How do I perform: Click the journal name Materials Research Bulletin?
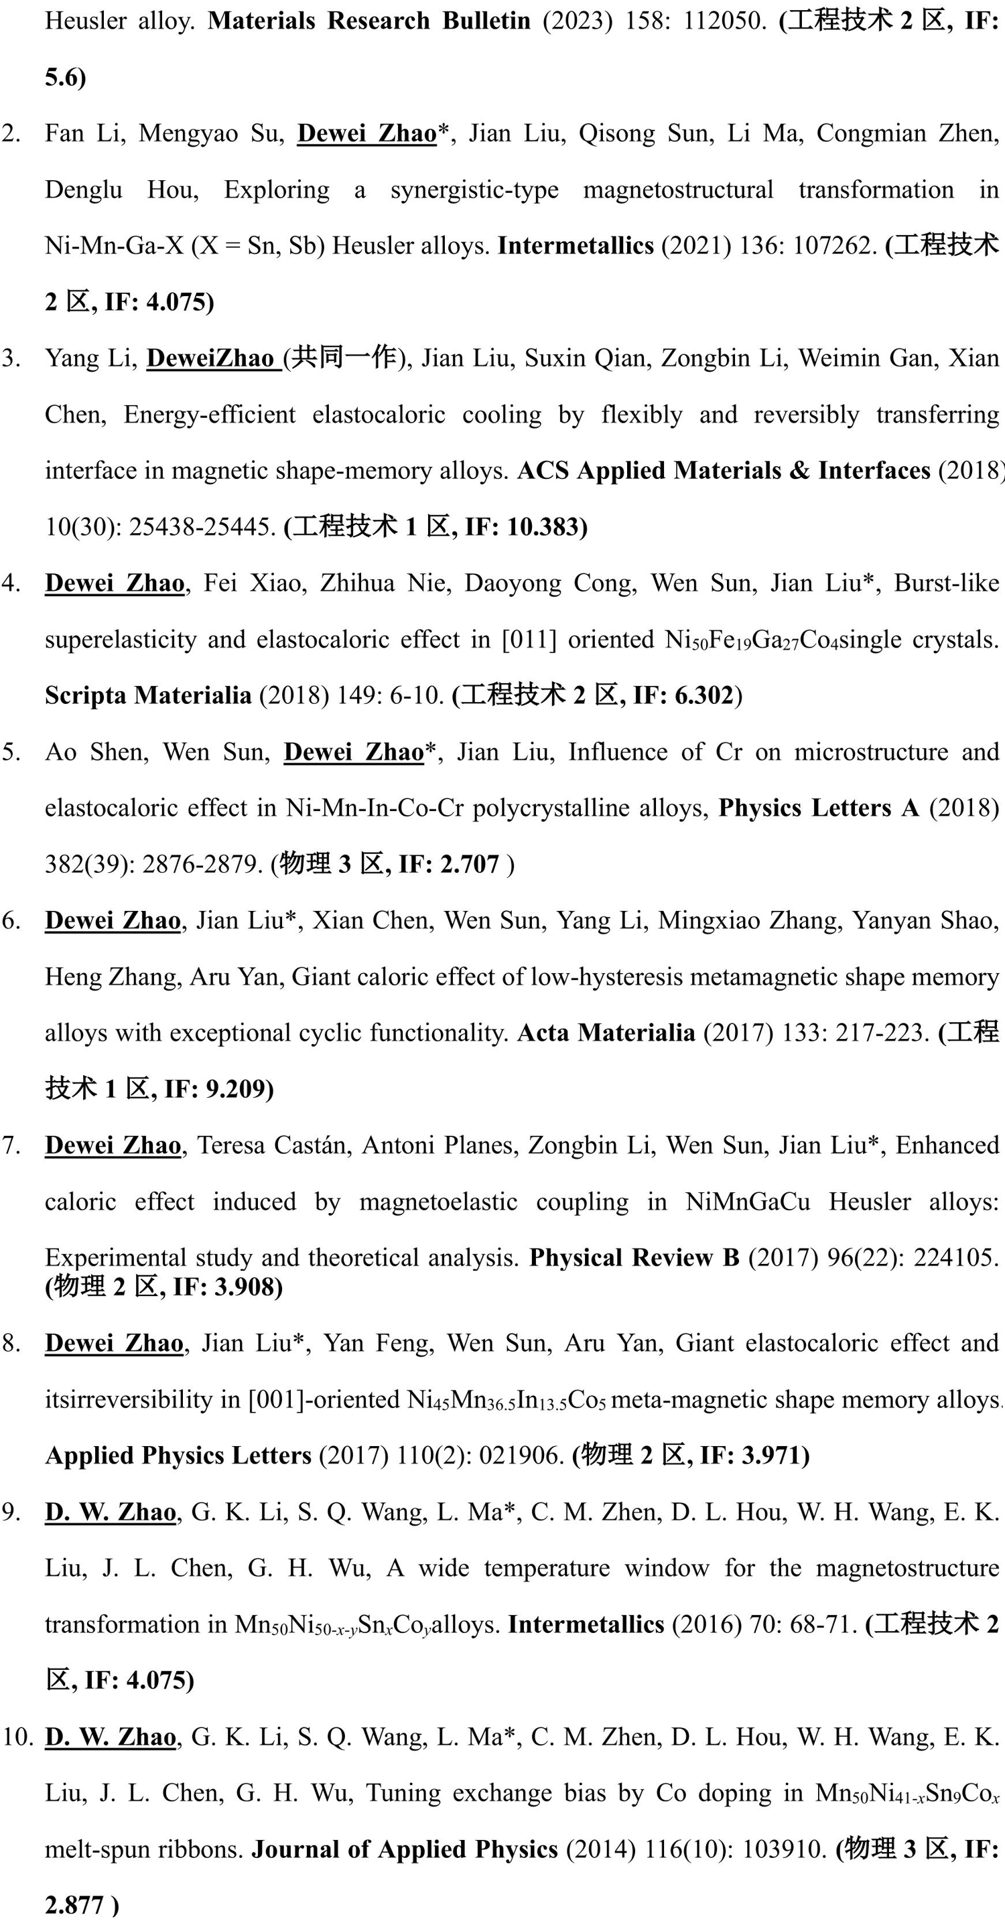click(369, 20)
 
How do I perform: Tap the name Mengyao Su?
click(211, 133)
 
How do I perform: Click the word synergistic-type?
click(474, 190)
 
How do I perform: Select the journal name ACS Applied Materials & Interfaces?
click(724, 470)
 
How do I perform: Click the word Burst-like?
click(946, 583)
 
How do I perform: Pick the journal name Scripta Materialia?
click(148, 696)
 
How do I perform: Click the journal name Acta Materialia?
click(606, 1033)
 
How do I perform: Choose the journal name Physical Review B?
click(634, 1258)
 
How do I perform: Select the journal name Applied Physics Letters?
click(178, 1455)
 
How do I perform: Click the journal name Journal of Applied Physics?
click(405, 1850)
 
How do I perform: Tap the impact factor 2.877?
click(74, 1906)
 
